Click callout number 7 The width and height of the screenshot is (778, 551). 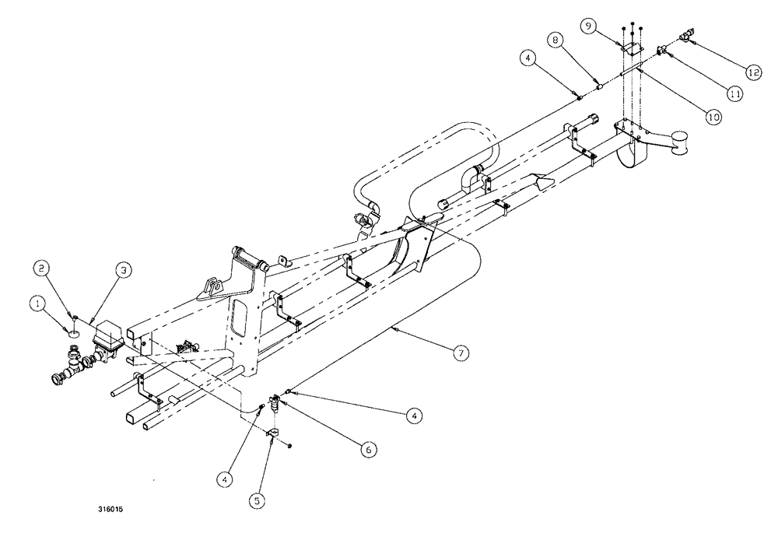[x=461, y=353]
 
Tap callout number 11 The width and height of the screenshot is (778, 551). [x=734, y=93]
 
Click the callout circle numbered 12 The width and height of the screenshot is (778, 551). [x=752, y=72]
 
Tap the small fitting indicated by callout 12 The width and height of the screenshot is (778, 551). [x=686, y=35]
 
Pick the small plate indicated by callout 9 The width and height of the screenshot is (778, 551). [x=633, y=49]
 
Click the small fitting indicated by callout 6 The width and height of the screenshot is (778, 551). [x=275, y=402]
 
